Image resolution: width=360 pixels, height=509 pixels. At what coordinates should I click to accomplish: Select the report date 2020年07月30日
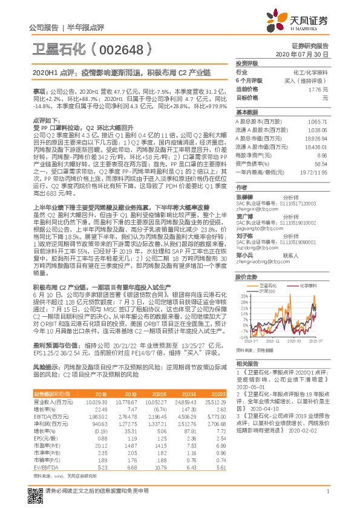pos(306,54)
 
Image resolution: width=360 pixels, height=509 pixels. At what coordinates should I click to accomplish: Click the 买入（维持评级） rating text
pos(306,80)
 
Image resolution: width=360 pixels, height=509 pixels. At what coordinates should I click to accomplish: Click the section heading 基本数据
pos(247,112)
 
